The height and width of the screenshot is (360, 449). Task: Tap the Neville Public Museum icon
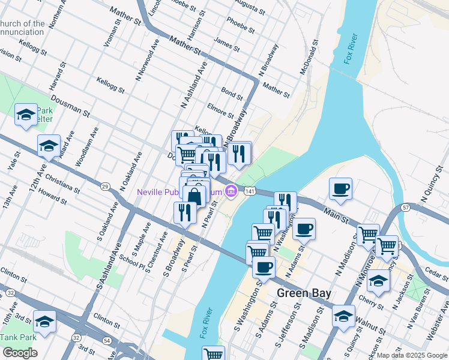click(x=230, y=191)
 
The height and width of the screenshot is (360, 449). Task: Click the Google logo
click(x=19, y=353)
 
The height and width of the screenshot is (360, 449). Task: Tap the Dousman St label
click(x=70, y=104)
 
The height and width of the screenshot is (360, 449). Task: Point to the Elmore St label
click(x=220, y=111)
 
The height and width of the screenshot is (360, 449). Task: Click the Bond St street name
click(x=232, y=93)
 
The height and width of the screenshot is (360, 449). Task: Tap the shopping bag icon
click(x=194, y=196)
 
